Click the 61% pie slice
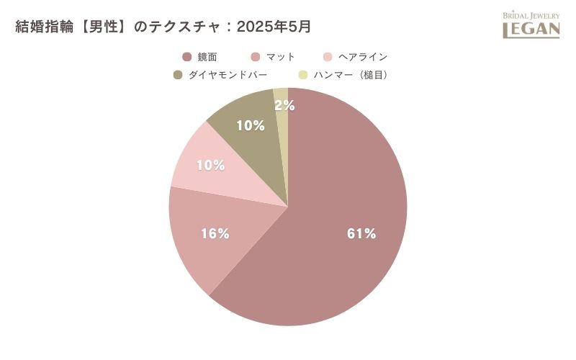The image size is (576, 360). pos(346,216)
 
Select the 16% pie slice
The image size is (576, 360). pos(209,238)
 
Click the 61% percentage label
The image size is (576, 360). pos(361,233)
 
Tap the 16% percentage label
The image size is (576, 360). pos(215,233)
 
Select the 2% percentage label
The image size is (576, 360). pos(284,106)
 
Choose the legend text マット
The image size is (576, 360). pos(281,57)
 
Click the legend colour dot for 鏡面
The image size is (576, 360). pos(187,57)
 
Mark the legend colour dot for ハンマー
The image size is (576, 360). pos(303,74)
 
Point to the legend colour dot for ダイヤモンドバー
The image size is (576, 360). pos(178,74)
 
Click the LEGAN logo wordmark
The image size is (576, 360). pos(531,30)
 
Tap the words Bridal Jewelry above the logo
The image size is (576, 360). pos(531,15)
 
